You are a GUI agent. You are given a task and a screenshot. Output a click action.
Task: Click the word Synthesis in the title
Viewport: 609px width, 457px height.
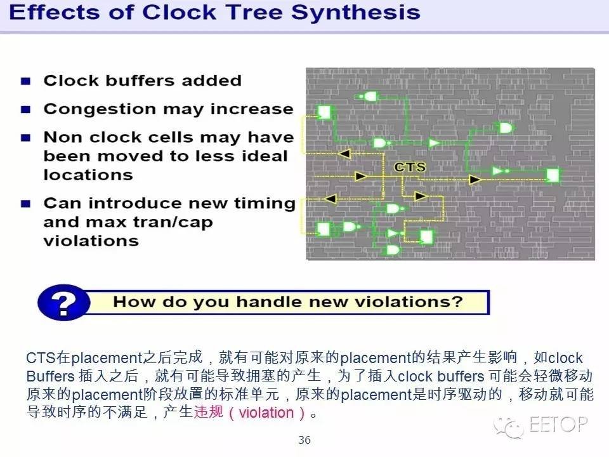[x=356, y=13]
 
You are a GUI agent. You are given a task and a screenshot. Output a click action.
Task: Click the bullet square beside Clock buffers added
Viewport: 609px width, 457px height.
[x=25, y=81]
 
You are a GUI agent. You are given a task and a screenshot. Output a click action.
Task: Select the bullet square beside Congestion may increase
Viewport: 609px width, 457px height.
[x=25, y=109]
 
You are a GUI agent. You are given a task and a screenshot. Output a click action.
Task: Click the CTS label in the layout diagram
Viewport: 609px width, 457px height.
[x=410, y=167]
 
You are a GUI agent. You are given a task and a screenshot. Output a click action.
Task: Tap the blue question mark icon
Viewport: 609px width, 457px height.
[x=63, y=302]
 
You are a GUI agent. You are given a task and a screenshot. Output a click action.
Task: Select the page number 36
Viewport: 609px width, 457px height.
[x=304, y=440]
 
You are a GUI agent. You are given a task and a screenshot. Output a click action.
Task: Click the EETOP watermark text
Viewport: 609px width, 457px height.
[x=558, y=424]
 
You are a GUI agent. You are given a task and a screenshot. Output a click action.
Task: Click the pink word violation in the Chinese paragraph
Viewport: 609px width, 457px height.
[x=266, y=413]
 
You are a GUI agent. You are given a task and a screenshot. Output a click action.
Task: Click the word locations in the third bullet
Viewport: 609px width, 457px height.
[x=88, y=175]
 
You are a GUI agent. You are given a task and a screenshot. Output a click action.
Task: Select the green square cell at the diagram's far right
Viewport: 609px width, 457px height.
[x=553, y=175]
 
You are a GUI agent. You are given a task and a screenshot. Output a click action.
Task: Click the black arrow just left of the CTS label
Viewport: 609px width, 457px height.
[x=361, y=176]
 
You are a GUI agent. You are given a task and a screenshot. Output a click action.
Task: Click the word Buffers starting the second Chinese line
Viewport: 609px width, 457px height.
[x=50, y=376]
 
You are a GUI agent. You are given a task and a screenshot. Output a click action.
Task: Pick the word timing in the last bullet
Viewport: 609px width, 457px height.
[x=265, y=204]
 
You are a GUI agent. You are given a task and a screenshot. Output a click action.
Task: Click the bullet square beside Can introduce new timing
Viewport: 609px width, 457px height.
[x=25, y=204]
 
